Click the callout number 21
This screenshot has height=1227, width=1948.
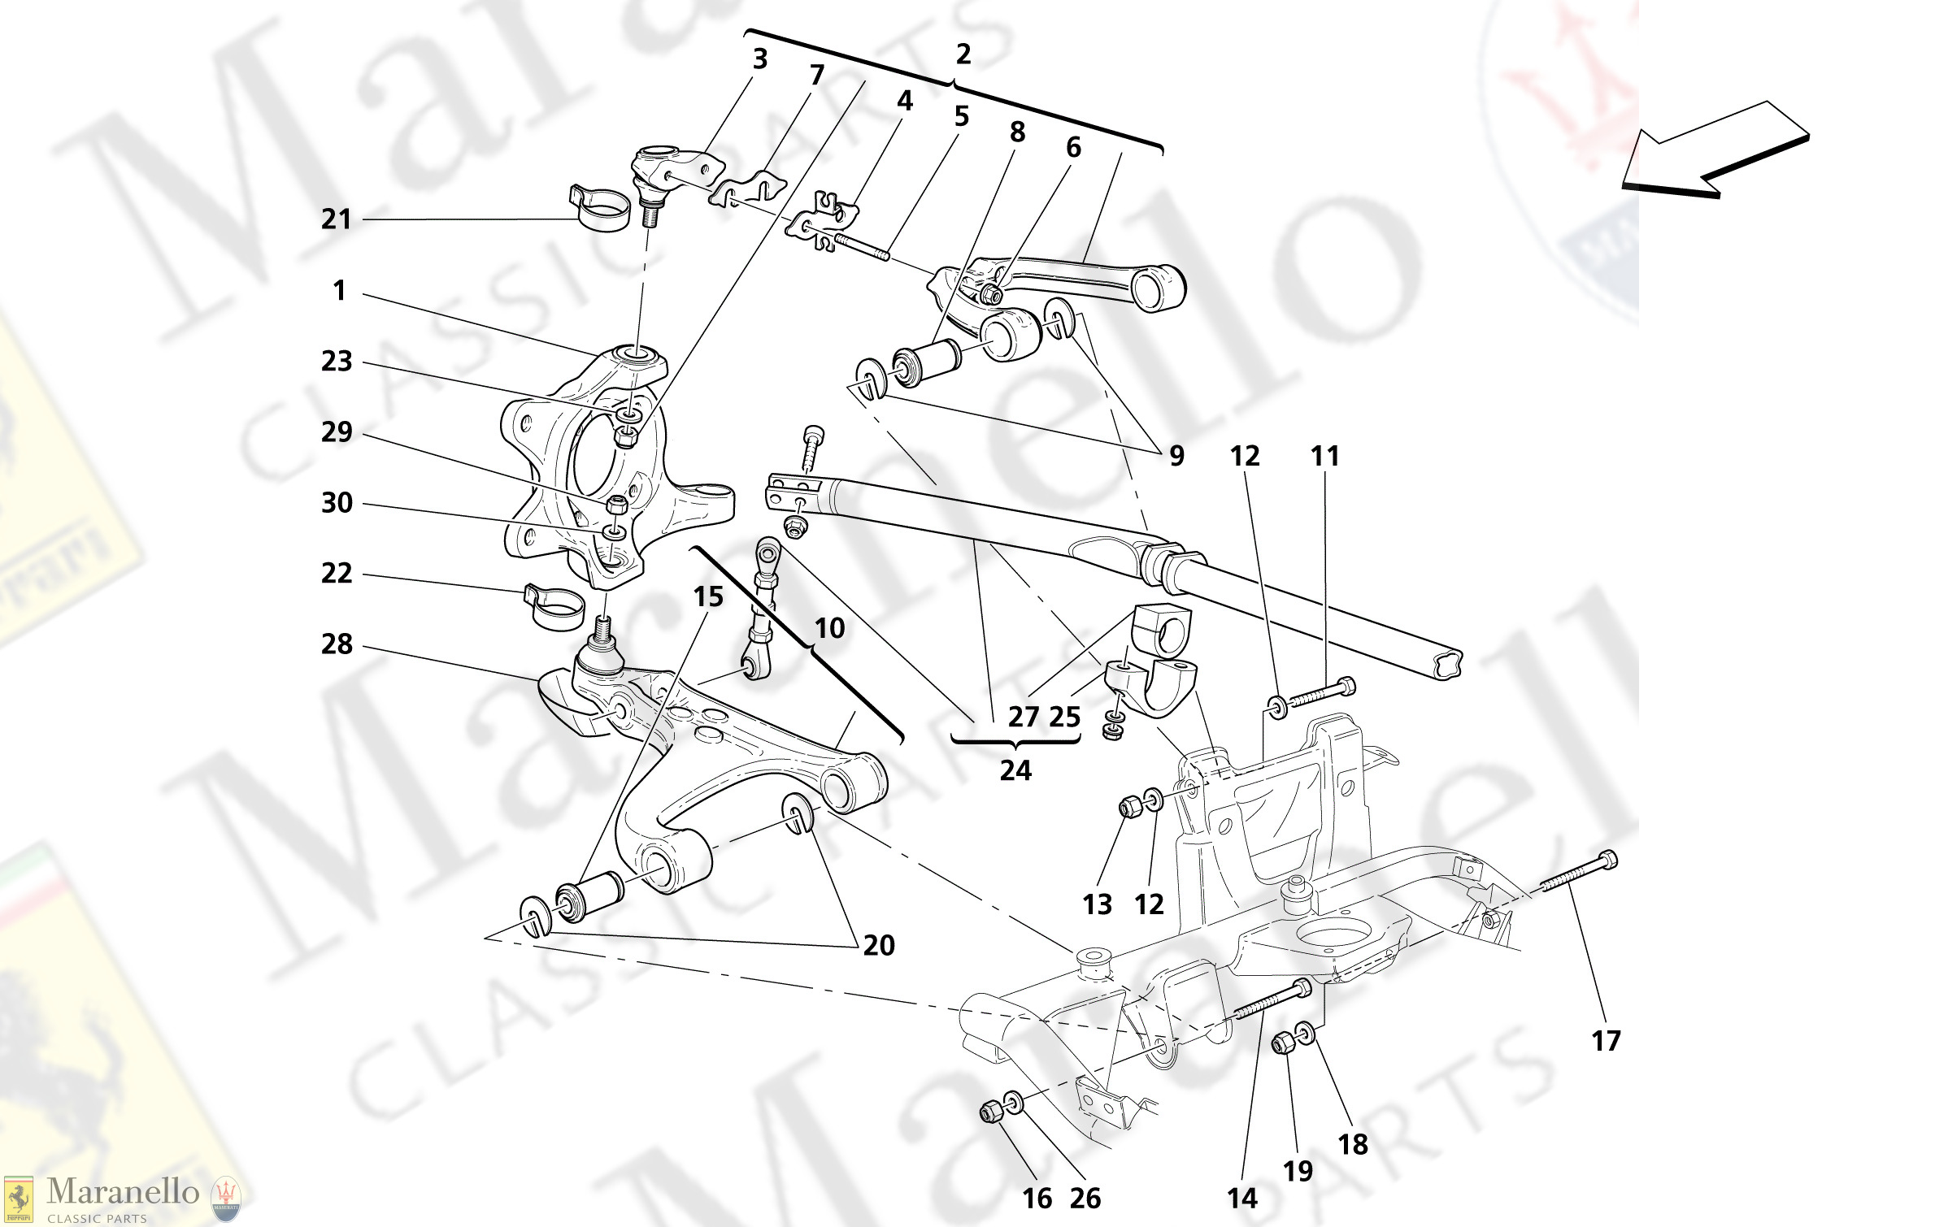click(336, 219)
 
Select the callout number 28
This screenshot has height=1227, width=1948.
click(337, 644)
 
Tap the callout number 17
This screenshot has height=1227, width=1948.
click(1606, 1041)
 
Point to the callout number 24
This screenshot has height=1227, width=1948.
click(1015, 770)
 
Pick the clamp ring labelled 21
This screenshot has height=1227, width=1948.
click(602, 209)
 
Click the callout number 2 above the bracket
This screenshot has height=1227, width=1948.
click(963, 54)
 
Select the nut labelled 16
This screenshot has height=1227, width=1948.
click(991, 1112)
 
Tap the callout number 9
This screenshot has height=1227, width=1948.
click(1176, 456)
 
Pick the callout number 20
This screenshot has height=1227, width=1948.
click(879, 945)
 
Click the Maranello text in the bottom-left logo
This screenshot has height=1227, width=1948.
click(123, 1192)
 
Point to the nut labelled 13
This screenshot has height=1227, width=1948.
click(1129, 807)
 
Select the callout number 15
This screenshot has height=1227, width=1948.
click(708, 597)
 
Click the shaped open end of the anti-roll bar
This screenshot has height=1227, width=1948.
click(1446, 664)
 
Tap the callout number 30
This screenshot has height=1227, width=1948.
click(337, 503)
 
